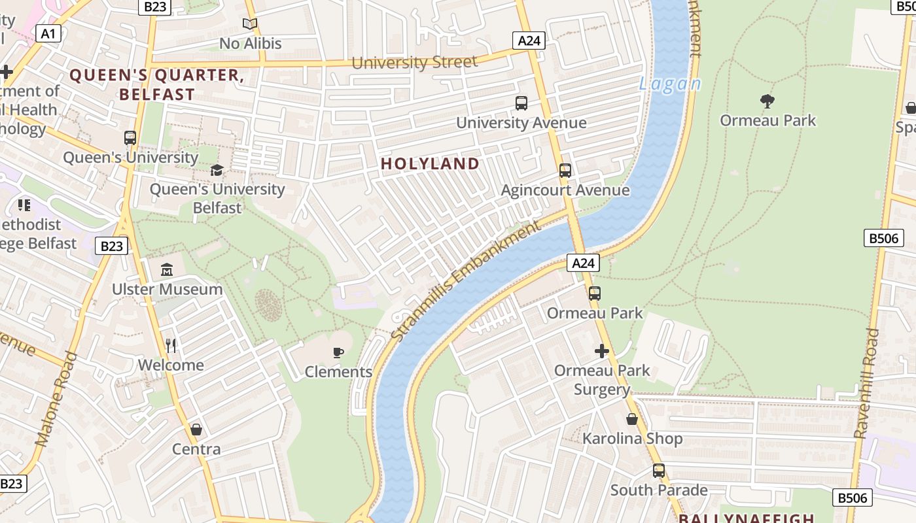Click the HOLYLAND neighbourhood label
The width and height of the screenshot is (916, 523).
[431, 163]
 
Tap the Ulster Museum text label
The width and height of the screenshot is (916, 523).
[167, 289]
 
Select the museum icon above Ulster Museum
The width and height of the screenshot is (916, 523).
[167, 269]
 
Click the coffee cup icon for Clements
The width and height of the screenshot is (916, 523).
[338, 353]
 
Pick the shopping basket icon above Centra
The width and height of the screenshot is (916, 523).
[196, 430]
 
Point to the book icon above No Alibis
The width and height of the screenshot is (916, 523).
[249, 24]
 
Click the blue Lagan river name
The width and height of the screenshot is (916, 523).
[669, 84]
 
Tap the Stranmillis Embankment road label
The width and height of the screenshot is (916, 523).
[467, 280]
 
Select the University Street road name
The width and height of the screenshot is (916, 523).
[415, 63]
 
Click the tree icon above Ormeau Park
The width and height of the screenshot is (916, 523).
[767, 101]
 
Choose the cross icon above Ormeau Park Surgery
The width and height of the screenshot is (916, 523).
[602, 351]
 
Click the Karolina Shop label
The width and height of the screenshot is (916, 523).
[632, 439]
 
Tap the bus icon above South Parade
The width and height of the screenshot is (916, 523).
[658, 471]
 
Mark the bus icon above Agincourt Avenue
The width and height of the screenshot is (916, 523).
[565, 171]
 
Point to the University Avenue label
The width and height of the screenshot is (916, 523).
[521, 122]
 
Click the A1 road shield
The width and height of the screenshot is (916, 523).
[48, 33]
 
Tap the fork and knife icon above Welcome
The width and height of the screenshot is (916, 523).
[171, 345]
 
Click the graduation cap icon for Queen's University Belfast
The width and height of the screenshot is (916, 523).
[217, 171]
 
